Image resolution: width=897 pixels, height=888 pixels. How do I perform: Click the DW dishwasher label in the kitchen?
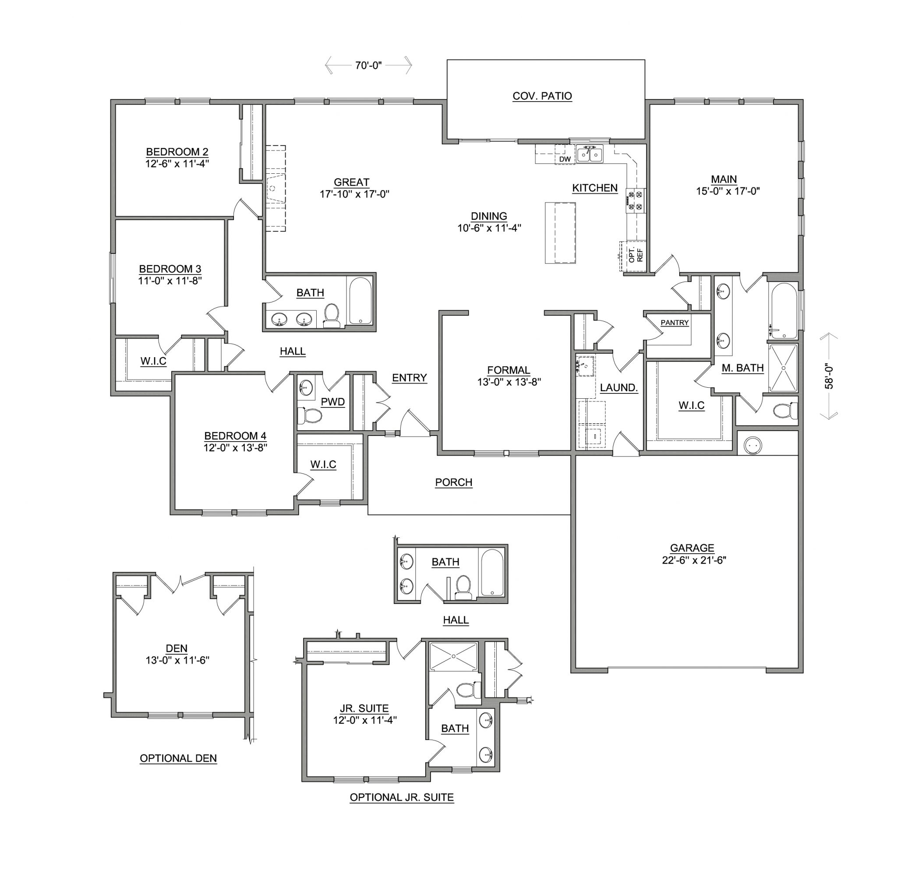point(565,159)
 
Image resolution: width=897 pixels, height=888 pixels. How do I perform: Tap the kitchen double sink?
point(590,154)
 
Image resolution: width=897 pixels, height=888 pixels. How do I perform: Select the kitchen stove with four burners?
point(635,201)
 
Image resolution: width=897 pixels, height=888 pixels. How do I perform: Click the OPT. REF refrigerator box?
point(633,256)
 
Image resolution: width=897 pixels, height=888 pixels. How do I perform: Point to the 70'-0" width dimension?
point(368,65)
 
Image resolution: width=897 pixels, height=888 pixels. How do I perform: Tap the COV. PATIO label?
point(542,96)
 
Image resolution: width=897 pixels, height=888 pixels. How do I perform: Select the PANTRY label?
point(674,323)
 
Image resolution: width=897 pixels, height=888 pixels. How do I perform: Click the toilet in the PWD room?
point(310,415)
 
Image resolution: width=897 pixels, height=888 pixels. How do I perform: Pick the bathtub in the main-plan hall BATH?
point(360,301)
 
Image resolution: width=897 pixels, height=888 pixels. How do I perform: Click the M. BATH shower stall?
point(783,368)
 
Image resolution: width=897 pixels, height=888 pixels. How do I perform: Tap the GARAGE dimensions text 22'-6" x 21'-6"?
point(694,560)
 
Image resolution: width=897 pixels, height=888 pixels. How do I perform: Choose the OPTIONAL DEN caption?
point(178,758)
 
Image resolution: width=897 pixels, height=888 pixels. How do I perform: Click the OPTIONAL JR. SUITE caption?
point(402,797)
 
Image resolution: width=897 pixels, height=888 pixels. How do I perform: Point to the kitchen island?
point(560,232)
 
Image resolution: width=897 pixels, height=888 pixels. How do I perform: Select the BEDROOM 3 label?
point(170,269)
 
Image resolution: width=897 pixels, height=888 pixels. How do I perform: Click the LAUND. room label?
point(618,388)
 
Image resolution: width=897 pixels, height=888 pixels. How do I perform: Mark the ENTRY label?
point(409,378)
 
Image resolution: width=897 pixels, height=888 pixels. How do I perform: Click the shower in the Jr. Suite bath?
point(453,657)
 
